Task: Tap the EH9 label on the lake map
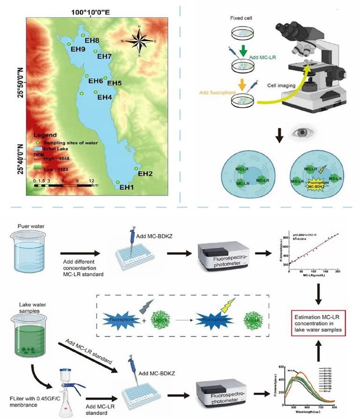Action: pos(77,48)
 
